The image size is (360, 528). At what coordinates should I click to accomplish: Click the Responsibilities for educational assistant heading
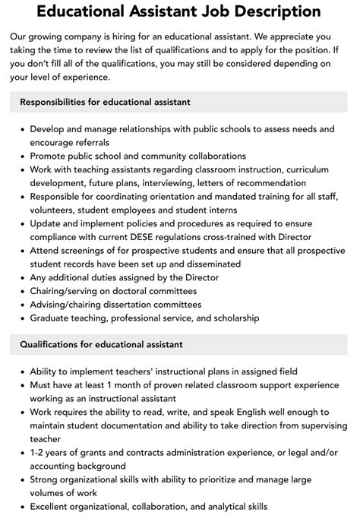105,101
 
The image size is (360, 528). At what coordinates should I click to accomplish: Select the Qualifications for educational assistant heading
102,344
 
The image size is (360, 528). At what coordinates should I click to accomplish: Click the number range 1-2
39,453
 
